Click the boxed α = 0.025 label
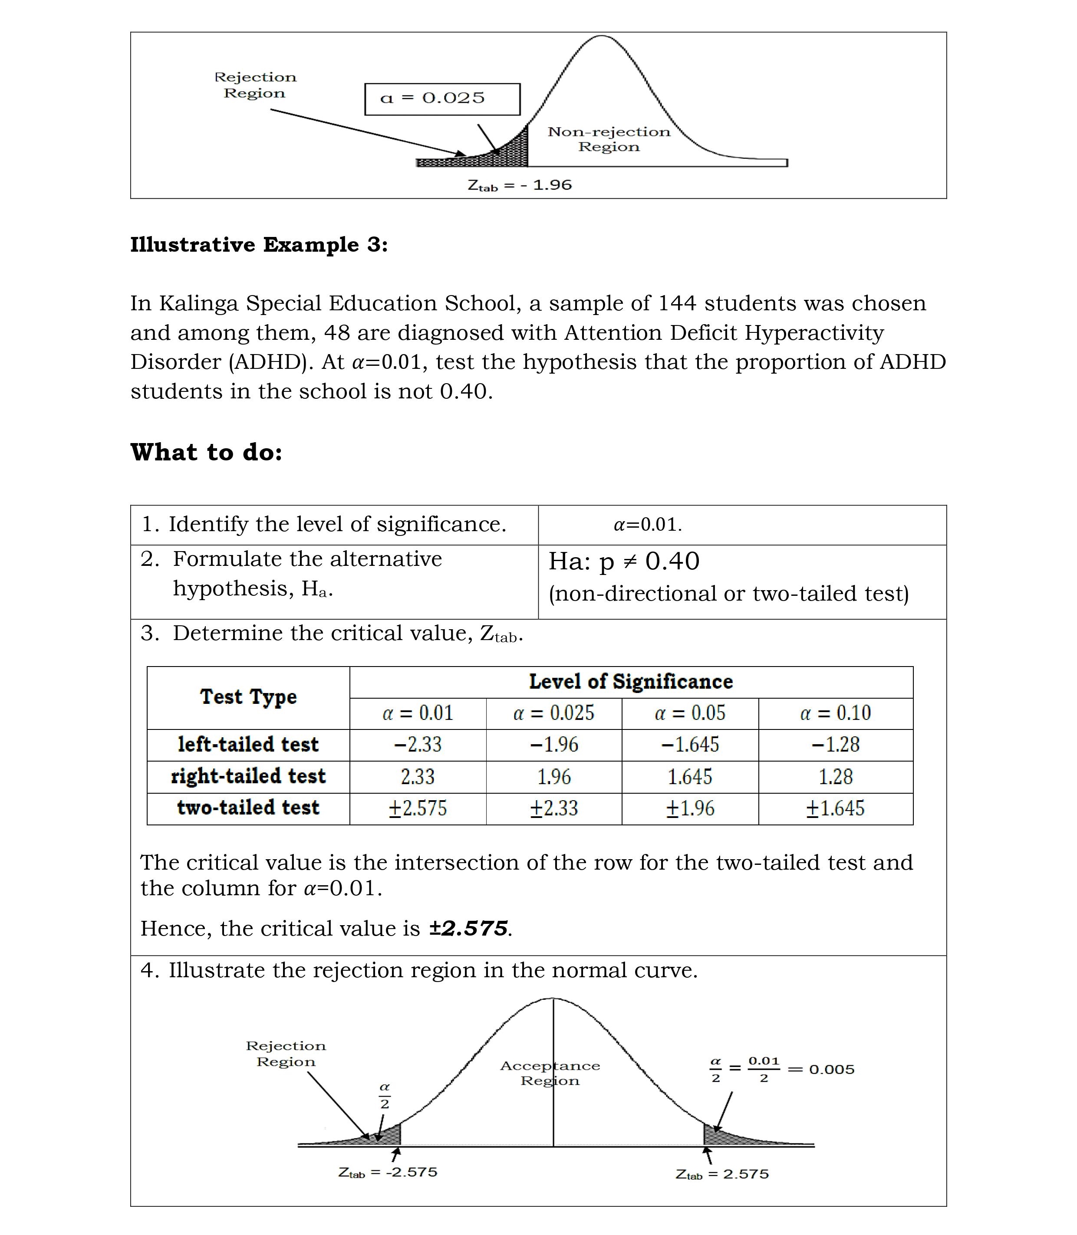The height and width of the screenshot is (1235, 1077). [442, 99]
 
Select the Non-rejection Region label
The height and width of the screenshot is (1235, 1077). [608, 139]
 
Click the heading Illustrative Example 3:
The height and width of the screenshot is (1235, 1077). [259, 245]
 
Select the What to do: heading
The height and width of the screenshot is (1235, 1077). [206, 452]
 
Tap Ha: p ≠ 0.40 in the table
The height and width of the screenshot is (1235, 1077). [624, 561]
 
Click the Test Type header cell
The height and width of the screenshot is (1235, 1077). [248, 697]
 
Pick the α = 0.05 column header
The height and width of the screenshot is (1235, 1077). [690, 713]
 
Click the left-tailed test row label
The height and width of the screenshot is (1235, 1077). [248, 745]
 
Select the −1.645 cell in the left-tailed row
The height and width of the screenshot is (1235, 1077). [690, 745]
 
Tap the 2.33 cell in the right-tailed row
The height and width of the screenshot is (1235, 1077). [418, 777]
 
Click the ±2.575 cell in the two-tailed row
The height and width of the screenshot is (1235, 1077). [418, 808]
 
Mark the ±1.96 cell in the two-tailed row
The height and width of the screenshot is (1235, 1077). [690, 808]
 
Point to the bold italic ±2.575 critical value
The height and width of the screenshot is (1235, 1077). [469, 929]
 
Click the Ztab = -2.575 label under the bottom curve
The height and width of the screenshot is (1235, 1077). [388, 1172]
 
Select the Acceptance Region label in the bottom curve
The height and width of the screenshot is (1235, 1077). [550, 1074]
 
